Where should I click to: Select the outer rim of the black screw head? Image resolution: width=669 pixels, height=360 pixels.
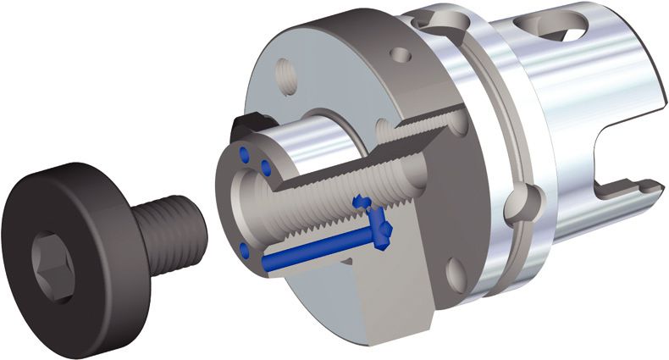85,182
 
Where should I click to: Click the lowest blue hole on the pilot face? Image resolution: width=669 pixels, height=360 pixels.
246,249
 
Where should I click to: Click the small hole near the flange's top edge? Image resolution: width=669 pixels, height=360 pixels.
406,56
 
